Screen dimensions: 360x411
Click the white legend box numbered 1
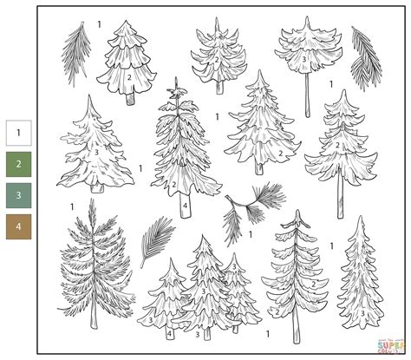[x=18, y=133]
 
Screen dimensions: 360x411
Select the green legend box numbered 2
[x=18, y=164]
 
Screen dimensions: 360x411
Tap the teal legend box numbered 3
[x=18, y=195]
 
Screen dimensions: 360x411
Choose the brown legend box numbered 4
[x=18, y=226]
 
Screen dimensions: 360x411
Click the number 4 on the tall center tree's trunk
[x=185, y=206]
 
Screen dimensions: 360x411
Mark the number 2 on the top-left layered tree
[x=128, y=77]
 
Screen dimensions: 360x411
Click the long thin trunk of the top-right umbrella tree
[x=306, y=95]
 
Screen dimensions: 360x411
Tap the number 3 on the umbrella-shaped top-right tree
[x=304, y=58]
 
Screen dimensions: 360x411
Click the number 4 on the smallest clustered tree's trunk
[x=169, y=331]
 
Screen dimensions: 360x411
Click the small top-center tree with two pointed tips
[x=217, y=52]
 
